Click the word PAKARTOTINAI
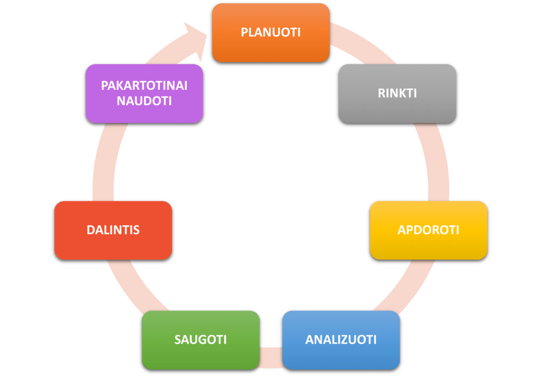coord(144,86)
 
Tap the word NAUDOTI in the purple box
coord(144,101)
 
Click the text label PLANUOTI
coord(270,32)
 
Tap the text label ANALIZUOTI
coord(341,340)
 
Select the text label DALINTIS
coord(113,230)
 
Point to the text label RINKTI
coord(397,93)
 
